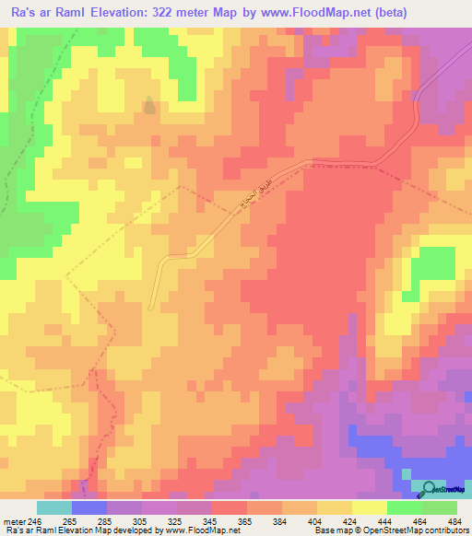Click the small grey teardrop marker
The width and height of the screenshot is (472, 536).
click(148, 105)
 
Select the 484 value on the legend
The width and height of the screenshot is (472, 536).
click(454, 522)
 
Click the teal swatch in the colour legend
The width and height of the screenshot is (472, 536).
click(54, 507)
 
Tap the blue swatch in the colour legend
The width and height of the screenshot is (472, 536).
click(89, 507)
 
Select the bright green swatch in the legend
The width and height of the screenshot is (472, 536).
click(404, 507)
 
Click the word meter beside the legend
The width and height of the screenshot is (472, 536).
click(13, 522)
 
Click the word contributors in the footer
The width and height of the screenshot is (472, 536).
click(449, 530)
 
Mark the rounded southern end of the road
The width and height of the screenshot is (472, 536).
click(152, 308)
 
